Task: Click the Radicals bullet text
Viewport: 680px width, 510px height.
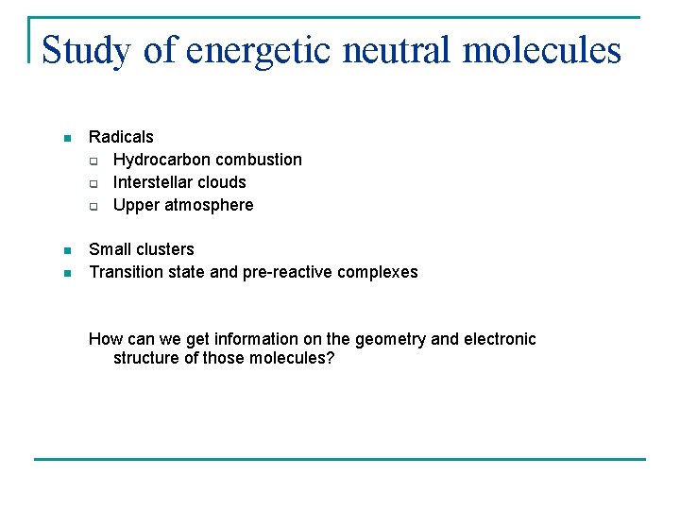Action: click(x=121, y=137)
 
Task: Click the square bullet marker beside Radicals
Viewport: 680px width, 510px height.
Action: click(x=66, y=138)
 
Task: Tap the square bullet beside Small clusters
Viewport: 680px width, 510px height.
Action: click(x=66, y=250)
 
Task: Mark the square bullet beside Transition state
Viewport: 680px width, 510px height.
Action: click(x=66, y=273)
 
